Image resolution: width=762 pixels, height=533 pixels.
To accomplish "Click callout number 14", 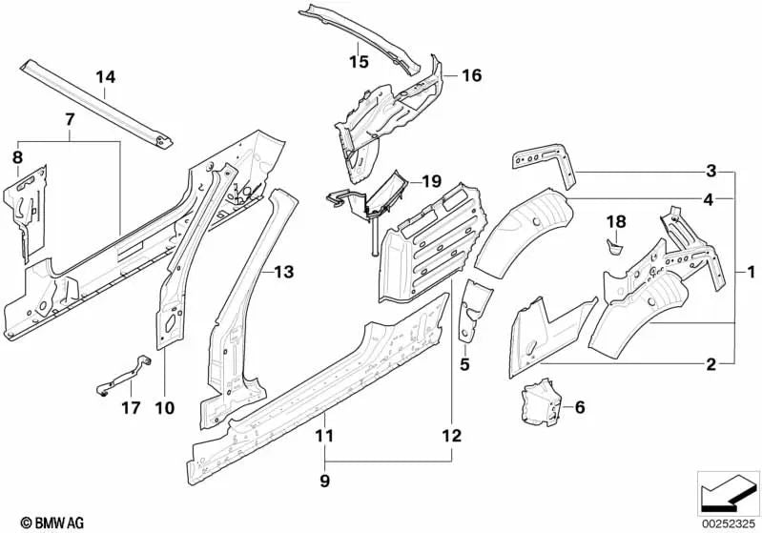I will pos(105,76).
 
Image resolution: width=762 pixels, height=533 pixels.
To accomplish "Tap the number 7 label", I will pos(69,119).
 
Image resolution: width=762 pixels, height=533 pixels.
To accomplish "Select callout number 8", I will pos(16,156).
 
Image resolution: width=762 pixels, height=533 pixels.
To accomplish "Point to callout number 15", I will pos(358,62).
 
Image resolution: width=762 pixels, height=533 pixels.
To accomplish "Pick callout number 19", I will pos(432,180).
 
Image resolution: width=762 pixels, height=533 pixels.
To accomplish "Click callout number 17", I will pos(132,408).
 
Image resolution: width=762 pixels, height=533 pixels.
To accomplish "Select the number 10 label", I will pos(164,408).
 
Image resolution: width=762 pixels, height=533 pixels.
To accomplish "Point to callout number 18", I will pos(617,222).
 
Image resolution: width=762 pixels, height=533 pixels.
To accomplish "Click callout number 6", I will pos(578,407).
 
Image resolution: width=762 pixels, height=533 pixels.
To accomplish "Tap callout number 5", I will pos(464,363).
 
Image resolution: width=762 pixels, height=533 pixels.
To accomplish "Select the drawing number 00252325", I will pos(728,523).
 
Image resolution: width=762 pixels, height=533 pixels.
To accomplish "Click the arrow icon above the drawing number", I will pos(728,492).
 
